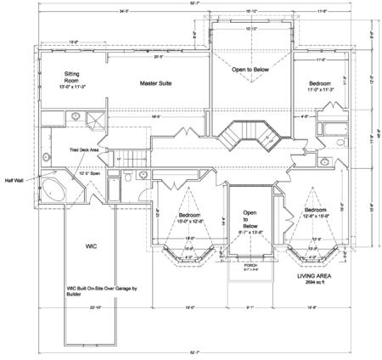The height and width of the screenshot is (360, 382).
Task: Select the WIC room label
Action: coord(93,246)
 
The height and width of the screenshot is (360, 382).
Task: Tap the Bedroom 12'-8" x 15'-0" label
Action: coord(316,213)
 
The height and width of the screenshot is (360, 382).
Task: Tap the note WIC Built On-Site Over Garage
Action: coord(93,291)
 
